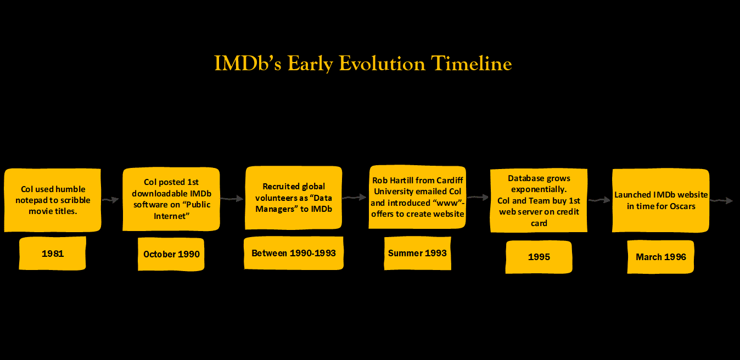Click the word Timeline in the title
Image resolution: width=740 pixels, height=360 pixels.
tap(472, 63)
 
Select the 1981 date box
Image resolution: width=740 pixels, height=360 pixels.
tap(53, 254)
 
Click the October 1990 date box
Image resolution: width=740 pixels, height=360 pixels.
tap(171, 254)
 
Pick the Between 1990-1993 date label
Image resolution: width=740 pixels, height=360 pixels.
tap(294, 253)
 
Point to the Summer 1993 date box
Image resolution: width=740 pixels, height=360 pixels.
tap(418, 253)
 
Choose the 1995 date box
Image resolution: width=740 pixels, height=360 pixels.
tap(539, 257)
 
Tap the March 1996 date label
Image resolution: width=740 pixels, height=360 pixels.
tap(661, 257)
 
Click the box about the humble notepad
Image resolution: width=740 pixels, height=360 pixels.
tap(53, 200)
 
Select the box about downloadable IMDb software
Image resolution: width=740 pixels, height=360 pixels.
tap(171, 199)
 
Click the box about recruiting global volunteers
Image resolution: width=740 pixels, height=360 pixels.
tap(294, 198)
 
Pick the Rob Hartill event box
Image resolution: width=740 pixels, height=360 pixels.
tap(418, 197)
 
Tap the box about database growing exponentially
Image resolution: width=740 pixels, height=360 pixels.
tap(539, 200)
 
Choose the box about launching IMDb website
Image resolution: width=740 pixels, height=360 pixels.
tap(661, 200)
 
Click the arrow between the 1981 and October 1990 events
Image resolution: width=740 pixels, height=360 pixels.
tap(110, 200)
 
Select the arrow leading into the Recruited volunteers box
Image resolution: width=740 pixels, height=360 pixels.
tap(232, 199)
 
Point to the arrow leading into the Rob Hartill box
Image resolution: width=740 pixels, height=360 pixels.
tap(355, 197)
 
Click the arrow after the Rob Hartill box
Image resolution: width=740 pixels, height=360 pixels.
tap(478, 197)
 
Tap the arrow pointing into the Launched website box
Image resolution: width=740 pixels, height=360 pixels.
tap(599, 200)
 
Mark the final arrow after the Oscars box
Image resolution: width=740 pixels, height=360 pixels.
tap(721, 200)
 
